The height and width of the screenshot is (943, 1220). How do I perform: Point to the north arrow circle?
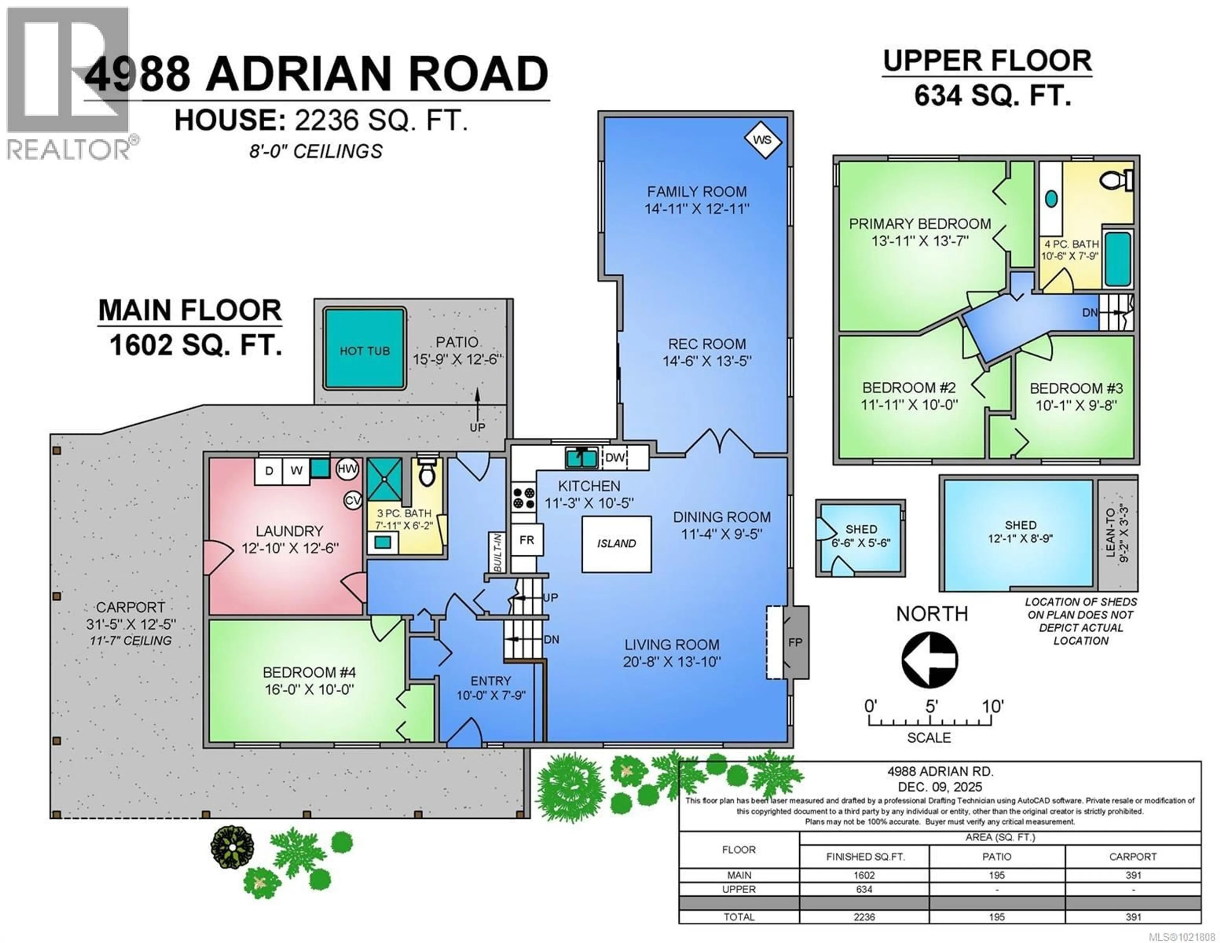[x=930, y=660]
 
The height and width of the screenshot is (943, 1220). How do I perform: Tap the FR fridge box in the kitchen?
[x=526, y=539]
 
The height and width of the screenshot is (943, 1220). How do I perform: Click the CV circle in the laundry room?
[x=352, y=500]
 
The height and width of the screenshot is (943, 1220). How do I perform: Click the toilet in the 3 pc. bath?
[x=427, y=474]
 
